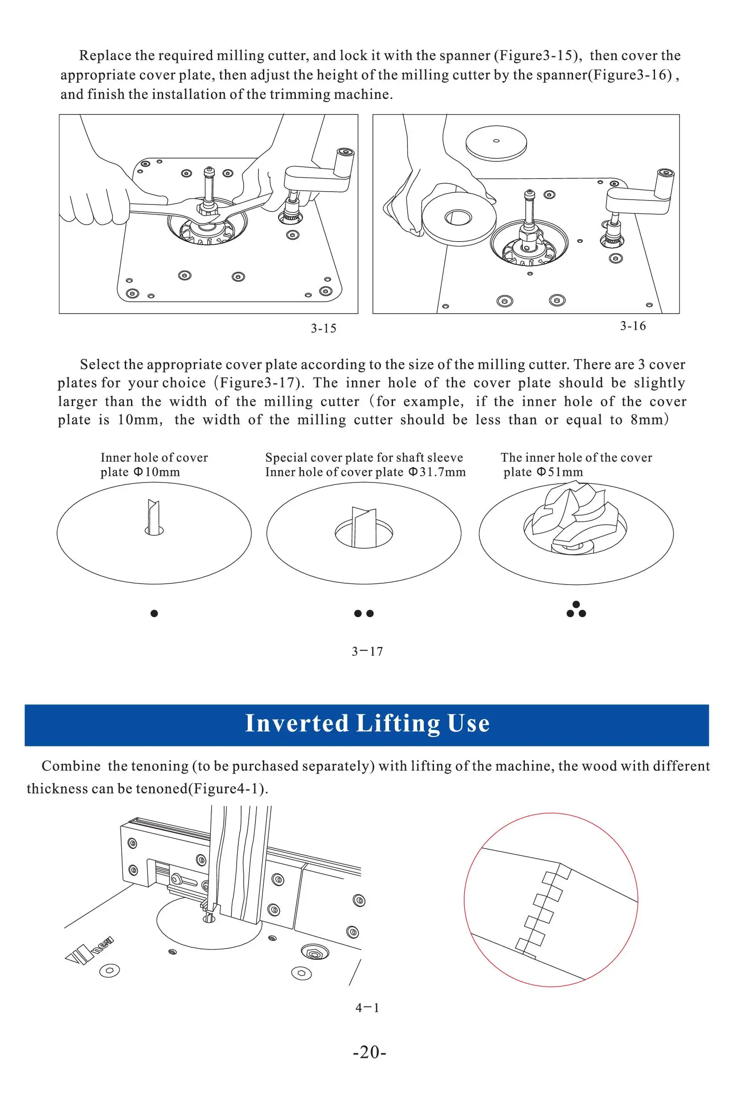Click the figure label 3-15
(323, 328)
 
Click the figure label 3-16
(633, 326)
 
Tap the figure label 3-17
(367, 651)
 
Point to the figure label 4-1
(367, 1007)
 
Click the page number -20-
(369, 1052)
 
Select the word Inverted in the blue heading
(297, 723)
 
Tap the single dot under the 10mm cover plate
(154, 613)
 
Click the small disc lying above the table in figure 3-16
(496, 143)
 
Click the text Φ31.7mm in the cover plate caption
(437, 472)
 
